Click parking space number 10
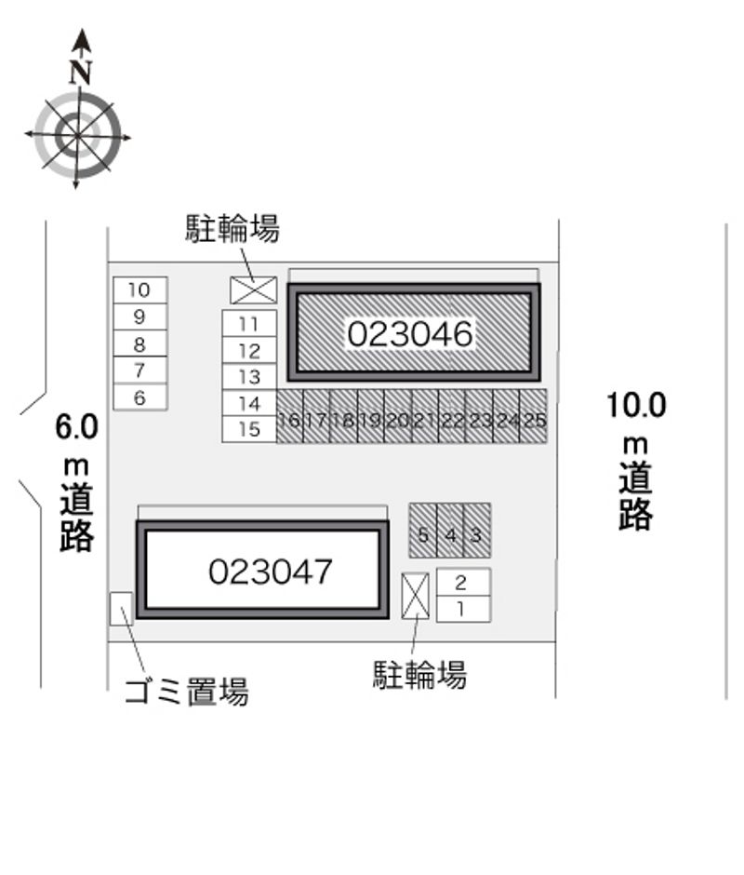coord(140,290)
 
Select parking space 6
coord(140,397)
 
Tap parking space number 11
coord(249,324)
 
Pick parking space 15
coord(249,429)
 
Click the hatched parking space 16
coord(290,416)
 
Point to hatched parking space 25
coord(534,416)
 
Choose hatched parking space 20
coord(398,416)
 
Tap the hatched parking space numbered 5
coord(423,531)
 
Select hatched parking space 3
coord(477,531)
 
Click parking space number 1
coord(463,609)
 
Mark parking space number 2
coord(463,582)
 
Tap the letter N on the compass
coord(81,72)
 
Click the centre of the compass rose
coord(77,136)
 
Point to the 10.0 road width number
coord(636,405)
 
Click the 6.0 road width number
coord(76,427)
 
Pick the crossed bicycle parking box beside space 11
coord(254,290)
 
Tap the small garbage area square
coord(121,609)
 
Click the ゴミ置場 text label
coord(186,692)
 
